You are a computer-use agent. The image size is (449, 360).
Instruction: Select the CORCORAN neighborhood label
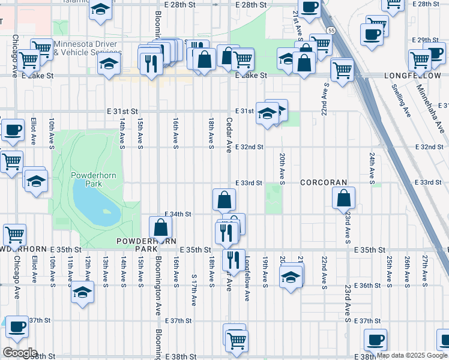pyautogui.click(x=324, y=182)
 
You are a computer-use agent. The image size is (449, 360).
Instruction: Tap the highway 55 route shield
pyautogui.click(x=331, y=30)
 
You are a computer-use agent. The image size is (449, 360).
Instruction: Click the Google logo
pyautogui.click(x=19, y=353)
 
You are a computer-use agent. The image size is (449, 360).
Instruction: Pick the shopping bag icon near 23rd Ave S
pyautogui.click(x=343, y=198)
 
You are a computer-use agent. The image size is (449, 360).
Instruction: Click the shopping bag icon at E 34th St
pyautogui.click(x=160, y=227)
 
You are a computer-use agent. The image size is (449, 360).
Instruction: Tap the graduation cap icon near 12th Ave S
pyautogui.click(x=82, y=292)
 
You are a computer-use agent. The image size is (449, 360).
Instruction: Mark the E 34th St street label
pyautogui.click(x=178, y=214)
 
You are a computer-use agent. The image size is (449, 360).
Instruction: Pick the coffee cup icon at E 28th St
pyautogui.click(x=309, y=7)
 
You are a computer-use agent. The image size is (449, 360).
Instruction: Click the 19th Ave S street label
pyautogui.click(x=265, y=270)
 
